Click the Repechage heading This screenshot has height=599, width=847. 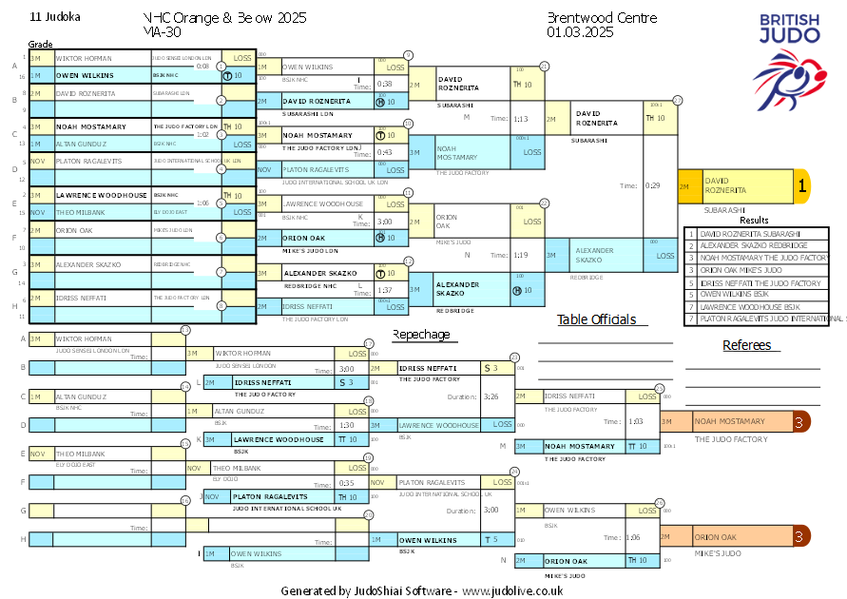(421, 335)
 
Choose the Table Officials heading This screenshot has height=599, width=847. (596, 319)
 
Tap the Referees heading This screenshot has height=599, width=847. (746, 345)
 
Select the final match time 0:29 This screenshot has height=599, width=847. (652, 185)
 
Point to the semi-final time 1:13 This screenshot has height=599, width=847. (520, 119)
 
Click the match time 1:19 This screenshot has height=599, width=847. (520, 255)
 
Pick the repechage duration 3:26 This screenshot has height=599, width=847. (491, 396)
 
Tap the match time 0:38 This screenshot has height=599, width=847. (385, 84)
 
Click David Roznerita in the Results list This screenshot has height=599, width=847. (751, 233)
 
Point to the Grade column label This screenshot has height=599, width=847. (40, 45)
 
